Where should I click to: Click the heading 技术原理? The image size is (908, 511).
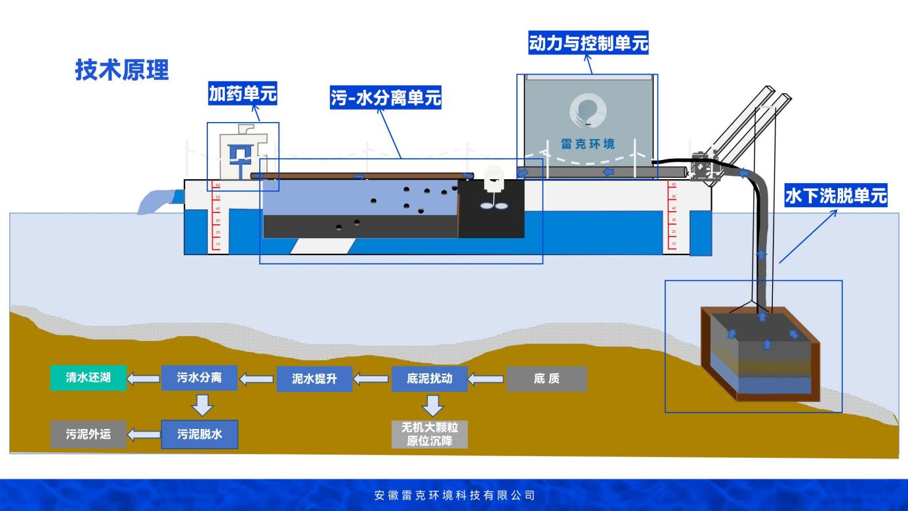click(122, 70)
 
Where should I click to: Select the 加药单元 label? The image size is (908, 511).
click(243, 94)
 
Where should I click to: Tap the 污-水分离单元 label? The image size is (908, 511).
click(385, 98)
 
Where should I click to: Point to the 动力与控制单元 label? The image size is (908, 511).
click(588, 43)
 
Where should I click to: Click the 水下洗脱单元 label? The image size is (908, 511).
click(836, 196)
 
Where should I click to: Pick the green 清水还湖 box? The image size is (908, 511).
click(89, 378)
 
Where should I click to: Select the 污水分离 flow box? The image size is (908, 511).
click(199, 378)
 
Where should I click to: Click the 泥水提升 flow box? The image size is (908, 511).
click(314, 379)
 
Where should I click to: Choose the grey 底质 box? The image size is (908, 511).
click(547, 379)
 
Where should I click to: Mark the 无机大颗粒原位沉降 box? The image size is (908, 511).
click(430, 434)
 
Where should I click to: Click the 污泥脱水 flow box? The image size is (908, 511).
click(199, 434)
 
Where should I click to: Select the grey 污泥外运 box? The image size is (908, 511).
click(89, 434)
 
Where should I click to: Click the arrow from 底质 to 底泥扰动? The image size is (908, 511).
click(487, 379)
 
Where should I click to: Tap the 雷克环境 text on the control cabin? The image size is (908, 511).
click(588, 143)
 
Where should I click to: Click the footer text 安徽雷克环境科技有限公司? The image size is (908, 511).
click(455, 495)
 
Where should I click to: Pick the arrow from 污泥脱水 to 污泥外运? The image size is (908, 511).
click(144, 434)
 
